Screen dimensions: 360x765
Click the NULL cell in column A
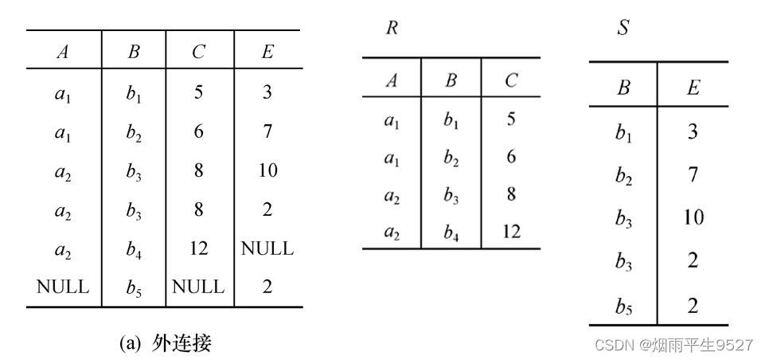62,287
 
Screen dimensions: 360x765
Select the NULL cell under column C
198,287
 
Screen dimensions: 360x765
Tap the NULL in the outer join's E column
267,248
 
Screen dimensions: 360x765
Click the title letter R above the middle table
392,29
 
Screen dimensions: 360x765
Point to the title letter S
623,29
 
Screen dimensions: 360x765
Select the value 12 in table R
510,232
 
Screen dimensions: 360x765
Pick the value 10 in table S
693,217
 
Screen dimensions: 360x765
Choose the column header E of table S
693,88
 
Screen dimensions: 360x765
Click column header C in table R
510,80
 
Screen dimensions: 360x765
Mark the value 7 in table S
693,174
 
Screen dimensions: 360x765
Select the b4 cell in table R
451,232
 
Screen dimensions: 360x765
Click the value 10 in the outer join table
267,170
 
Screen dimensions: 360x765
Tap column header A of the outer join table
62,53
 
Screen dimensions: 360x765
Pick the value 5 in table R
510,119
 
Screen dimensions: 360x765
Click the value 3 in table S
693,131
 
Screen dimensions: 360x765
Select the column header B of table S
623,88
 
